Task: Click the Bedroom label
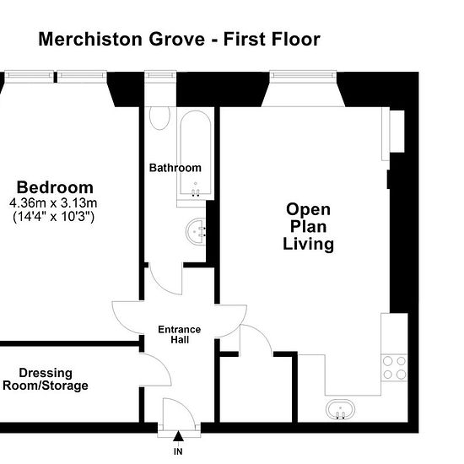[x=55, y=187]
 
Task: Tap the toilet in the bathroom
[x=159, y=118]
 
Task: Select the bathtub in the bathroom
[x=196, y=153]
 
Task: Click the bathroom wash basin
[x=196, y=231]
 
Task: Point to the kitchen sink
[x=340, y=410]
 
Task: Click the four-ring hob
[x=394, y=368]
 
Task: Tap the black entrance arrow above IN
[x=178, y=436]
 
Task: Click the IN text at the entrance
[x=178, y=451]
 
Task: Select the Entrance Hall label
[x=180, y=335]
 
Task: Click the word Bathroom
[x=175, y=168]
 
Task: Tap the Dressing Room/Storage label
[x=46, y=380]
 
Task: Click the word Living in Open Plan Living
[x=308, y=244]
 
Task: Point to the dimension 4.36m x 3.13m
[x=53, y=203]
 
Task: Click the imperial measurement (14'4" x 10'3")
[x=53, y=217]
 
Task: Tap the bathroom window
[x=160, y=74]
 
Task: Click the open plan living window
[x=303, y=74]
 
